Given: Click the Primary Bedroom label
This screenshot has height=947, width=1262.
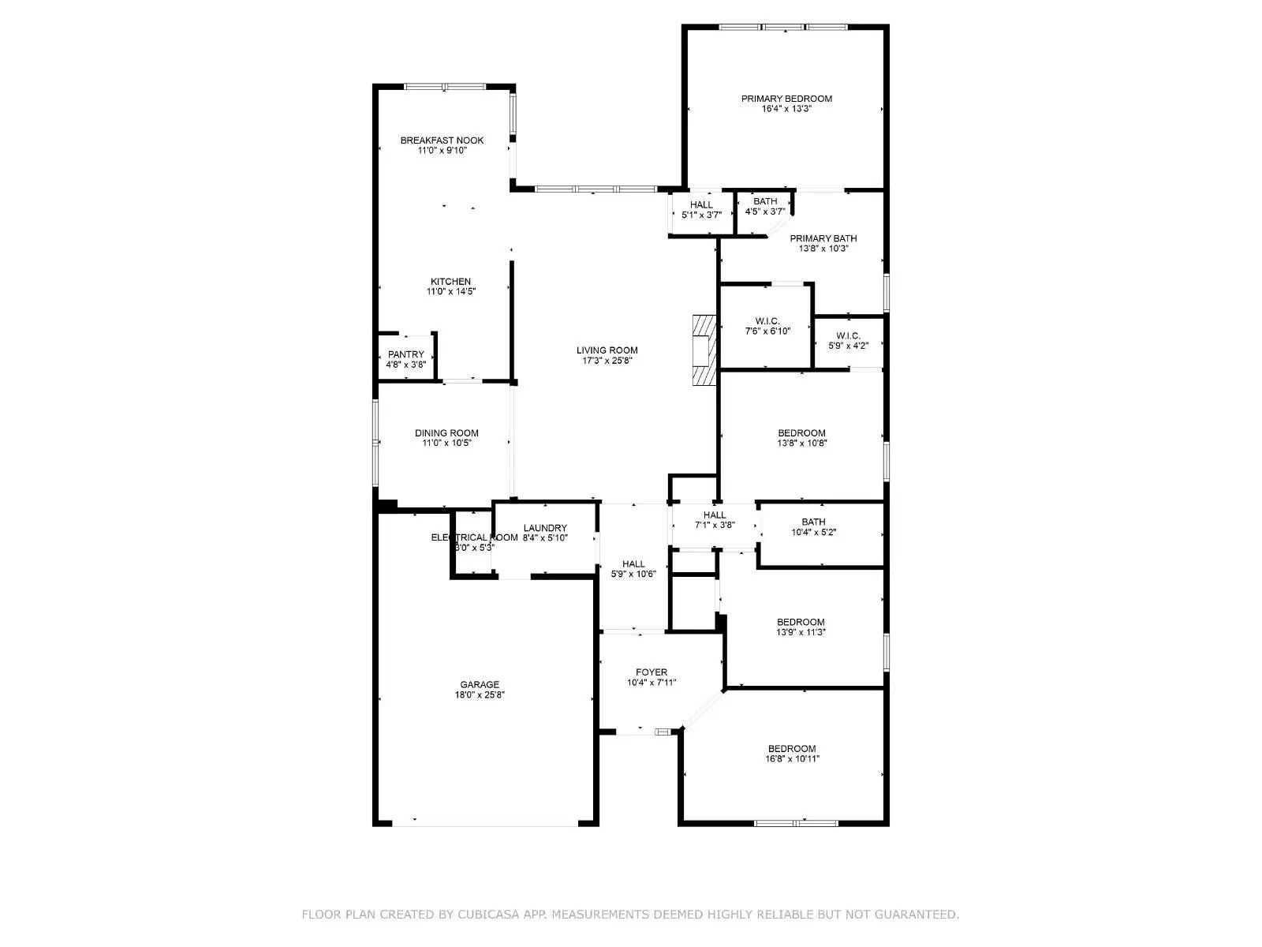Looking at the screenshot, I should (786, 99).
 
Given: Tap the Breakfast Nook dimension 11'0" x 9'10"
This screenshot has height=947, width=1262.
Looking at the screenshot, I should (442, 150).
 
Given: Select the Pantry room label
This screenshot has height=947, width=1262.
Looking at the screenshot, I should (405, 354).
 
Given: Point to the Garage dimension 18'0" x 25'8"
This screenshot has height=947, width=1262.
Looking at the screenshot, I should (480, 695).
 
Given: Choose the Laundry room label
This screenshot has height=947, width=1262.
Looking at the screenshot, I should (545, 528).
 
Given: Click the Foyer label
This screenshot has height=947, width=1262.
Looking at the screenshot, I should (652, 672).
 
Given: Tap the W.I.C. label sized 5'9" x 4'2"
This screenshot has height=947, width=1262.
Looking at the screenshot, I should (848, 335).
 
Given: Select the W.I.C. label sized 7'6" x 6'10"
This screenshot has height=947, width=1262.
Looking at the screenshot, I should (767, 321).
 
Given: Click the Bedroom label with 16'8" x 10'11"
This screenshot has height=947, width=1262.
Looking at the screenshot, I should (792, 749).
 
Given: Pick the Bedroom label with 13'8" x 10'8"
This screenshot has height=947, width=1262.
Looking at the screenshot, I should (801, 432).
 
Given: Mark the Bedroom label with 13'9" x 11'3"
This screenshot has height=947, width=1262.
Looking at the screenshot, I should (801, 622).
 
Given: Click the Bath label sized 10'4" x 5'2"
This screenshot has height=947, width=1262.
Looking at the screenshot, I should (813, 522).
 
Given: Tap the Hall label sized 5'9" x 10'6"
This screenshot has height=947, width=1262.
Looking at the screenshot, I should (633, 563).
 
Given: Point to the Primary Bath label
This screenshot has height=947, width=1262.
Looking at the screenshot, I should (823, 238).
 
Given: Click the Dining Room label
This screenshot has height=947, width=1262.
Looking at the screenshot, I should (446, 432).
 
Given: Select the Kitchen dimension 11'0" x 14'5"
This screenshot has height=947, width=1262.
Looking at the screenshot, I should (450, 292).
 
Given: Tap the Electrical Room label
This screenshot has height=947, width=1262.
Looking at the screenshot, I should (474, 537).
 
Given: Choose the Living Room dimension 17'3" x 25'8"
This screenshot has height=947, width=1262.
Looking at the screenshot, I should (607, 361).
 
